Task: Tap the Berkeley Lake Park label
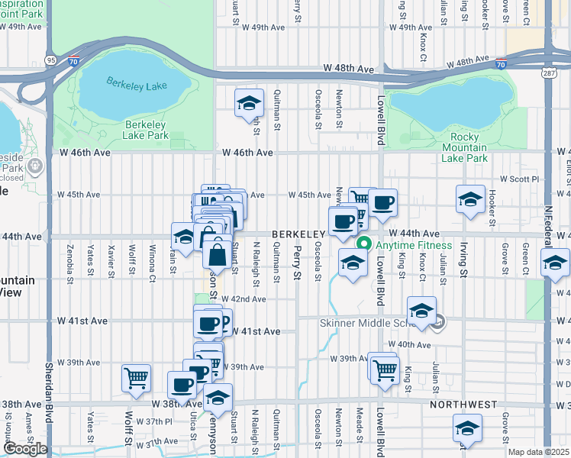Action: click(146, 130)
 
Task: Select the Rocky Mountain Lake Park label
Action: click(464, 148)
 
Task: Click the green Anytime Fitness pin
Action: click(365, 245)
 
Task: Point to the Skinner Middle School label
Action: click(365, 323)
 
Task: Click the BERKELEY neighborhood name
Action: click(302, 234)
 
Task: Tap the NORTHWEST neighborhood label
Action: click(463, 405)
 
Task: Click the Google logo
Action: click(24, 449)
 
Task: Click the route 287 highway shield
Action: click(548, 74)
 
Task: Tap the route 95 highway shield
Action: click(51, 60)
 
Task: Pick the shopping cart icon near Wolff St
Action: click(136, 378)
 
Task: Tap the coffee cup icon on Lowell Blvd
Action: click(383, 203)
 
